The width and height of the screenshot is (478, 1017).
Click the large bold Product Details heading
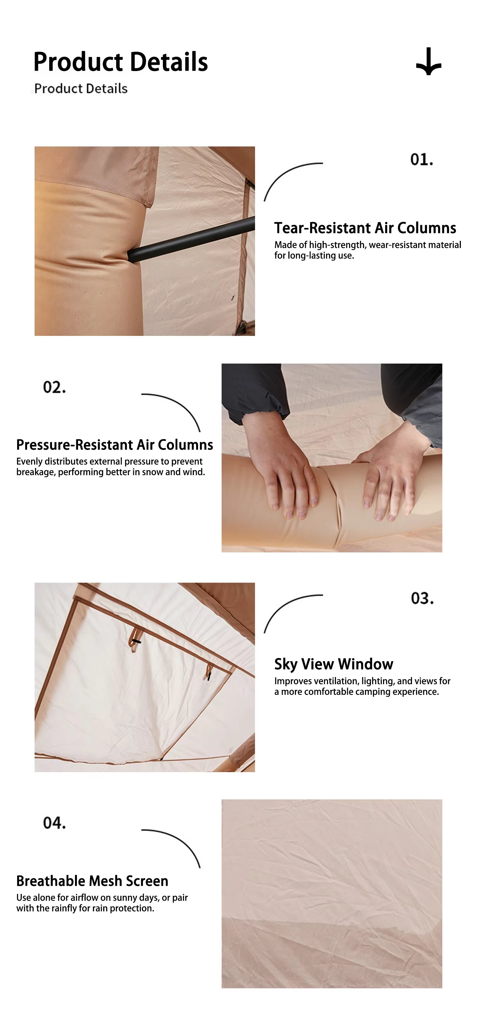[121, 62]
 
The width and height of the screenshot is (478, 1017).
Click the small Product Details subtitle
[81, 88]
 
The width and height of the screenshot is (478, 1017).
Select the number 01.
[422, 160]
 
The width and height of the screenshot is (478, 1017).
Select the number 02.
[54, 387]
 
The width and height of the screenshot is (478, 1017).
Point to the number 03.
[422, 598]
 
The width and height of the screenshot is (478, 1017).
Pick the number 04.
[54, 823]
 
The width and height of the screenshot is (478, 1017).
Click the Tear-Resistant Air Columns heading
[365, 228]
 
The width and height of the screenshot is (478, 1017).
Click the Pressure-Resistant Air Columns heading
[115, 445]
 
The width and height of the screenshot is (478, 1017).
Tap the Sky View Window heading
[334, 664]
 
